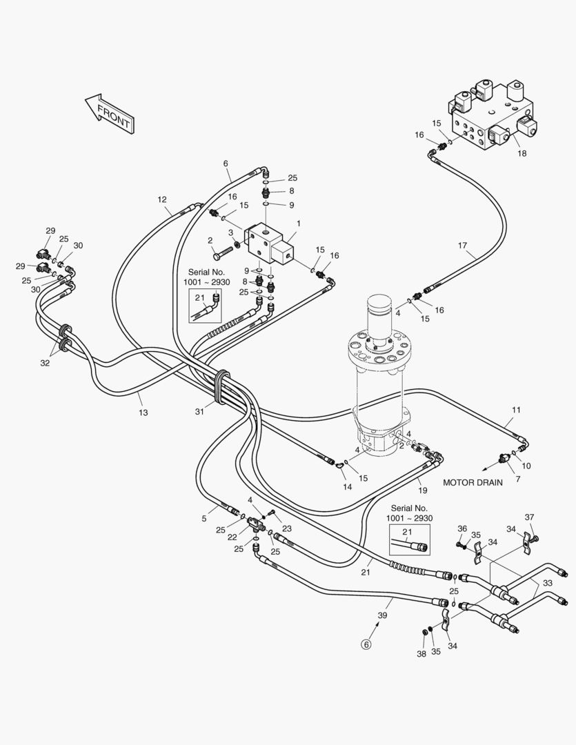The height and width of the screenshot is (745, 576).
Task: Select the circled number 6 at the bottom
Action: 366,644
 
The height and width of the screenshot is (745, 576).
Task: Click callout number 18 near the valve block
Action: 522,153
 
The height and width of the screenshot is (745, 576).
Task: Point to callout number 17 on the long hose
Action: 462,245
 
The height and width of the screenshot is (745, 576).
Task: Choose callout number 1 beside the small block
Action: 299,223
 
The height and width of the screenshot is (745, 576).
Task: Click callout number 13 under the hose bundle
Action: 143,413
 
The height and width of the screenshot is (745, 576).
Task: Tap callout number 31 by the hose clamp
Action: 200,412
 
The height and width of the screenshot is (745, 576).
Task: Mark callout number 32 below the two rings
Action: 45,363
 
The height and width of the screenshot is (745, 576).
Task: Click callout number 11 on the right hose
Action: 516,410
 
